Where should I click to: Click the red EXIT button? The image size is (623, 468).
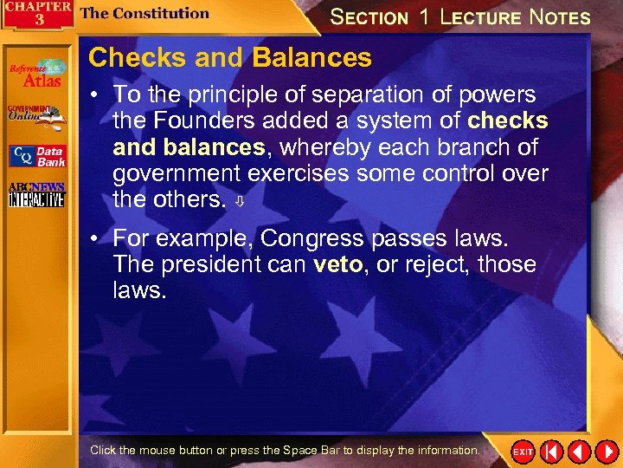coord(523,452)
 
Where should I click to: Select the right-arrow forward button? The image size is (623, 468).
coord(606,452)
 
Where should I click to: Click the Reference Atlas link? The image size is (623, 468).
coord(36,74)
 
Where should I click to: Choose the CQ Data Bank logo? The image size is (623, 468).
coord(36,156)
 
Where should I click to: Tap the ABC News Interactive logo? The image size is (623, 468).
coord(35,196)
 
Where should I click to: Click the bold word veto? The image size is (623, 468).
coord(337,264)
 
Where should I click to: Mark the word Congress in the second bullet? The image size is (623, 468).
coord(316,237)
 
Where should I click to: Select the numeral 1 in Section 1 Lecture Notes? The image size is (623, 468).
coord(423,16)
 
